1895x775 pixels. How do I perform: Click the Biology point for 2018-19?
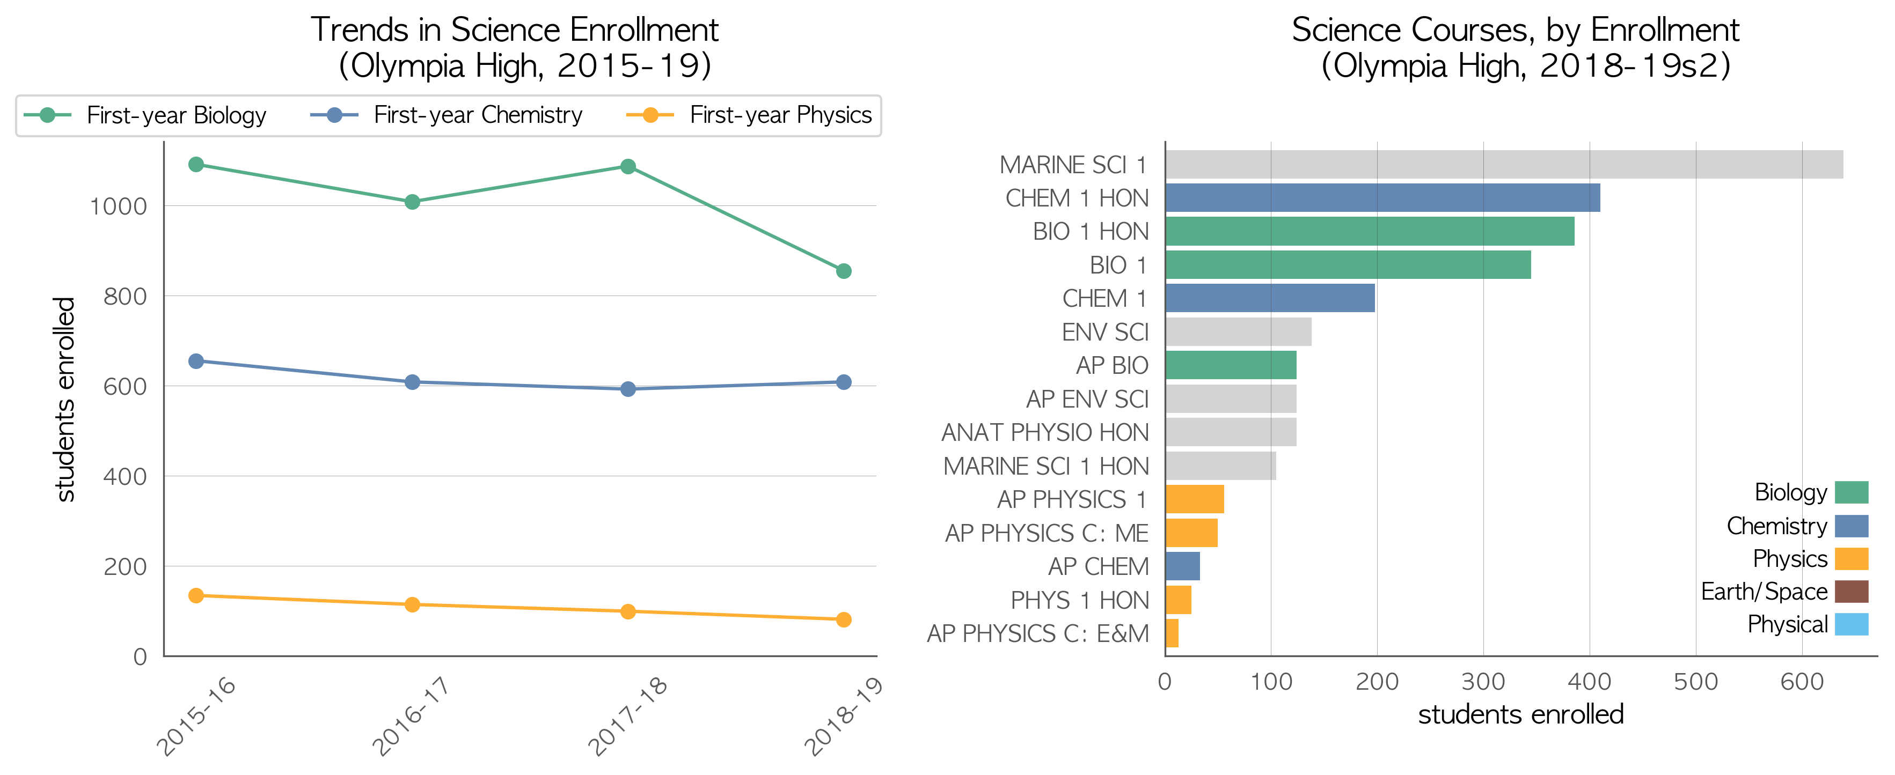pos(844,271)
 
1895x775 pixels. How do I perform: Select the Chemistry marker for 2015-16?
pos(196,361)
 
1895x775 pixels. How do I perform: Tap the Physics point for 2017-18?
pos(627,612)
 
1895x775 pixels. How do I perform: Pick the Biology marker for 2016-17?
pos(412,202)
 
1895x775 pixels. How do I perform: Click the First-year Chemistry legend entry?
pos(447,115)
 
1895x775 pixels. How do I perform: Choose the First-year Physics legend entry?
pos(749,115)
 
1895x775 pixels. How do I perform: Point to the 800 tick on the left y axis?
pos(125,296)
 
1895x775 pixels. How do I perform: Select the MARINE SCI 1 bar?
pos(1504,165)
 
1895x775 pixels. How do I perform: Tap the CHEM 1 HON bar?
pos(1382,198)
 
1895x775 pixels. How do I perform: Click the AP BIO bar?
pos(1231,365)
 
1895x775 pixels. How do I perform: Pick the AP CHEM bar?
pos(1182,566)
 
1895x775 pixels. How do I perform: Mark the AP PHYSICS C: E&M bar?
pos(1172,633)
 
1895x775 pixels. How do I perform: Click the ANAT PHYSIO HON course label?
pos(1044,432)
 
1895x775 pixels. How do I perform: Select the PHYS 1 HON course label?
pos(1079,600)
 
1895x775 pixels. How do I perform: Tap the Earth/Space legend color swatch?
pos(1851,591)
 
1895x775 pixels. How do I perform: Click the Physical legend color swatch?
pos(1851,624)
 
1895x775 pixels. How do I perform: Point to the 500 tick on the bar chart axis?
pos(1696,682)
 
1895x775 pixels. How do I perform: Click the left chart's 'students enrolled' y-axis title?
pos(65,399)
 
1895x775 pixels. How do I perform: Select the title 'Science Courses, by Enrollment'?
pos(1516,30)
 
